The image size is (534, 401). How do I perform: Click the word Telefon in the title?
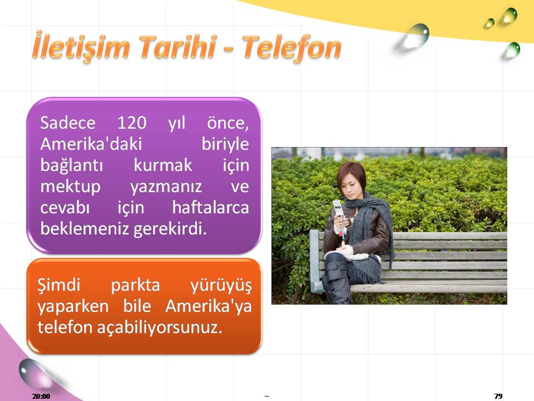pos(291,48)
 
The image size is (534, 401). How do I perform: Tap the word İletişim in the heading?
pos(81,46)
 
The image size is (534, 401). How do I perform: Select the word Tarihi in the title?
pos(177,46)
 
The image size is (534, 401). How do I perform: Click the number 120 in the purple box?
pos(132,123)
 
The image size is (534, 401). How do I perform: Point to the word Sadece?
pos(68,123)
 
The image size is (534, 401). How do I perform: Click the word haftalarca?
pos(210,207)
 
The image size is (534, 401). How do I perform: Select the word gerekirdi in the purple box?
pos(170,229)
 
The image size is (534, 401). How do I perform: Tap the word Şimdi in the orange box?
pos(59,285)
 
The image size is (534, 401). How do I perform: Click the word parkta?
pos(136,285)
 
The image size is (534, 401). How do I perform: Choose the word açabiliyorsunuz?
pos(160,327)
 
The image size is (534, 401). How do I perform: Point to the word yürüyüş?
pos(221,286)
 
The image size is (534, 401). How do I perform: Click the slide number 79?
pos(498,396)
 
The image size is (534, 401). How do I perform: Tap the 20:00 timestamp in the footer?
pos(41,396)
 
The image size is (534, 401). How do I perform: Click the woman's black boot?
pos(338,280)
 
